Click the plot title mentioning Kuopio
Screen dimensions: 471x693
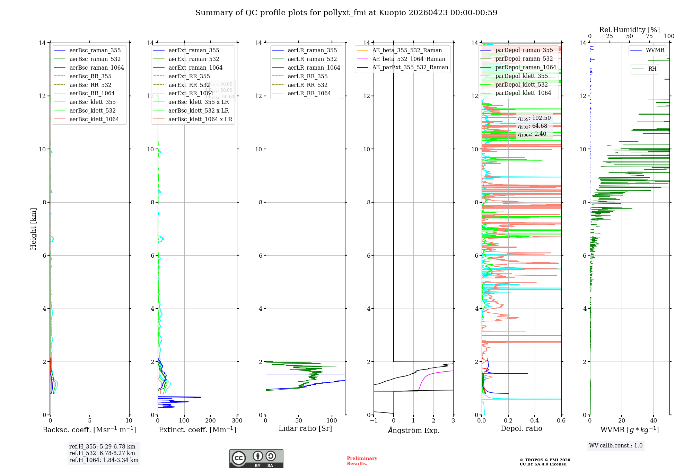pyautogui.click(x=346, y=13)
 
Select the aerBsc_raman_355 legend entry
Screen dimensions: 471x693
pyautogui.click(x=95, y=51)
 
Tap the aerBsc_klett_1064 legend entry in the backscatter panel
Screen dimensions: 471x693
pyautogui.click(x=94, y=119)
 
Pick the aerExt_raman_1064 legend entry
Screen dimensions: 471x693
pyautogui.click(x=195, y=68)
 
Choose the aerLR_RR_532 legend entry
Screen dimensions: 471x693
pyautogui.click(x=307, y=85)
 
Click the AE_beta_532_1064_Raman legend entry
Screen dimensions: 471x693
pyautogui.click(x=409, y=59)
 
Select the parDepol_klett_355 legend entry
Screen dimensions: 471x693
pyautogui.click(x=521, y=76)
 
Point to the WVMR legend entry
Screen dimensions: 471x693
pyautogui.click(x=655, y=50)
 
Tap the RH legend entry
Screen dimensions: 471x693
pyautogui.click(x=652, y=69)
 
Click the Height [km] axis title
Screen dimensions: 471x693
pyautogui.click(x=33, y=229)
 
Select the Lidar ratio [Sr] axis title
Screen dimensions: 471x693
pyautogui.click(x=305, y=429)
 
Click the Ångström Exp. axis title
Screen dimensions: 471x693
pyautogui.click(x=413, y=430)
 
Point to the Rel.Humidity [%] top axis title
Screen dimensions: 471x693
pyautogui.click(x=629, y=30)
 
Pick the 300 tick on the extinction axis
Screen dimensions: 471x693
pyautogui.click(x=237, y=421)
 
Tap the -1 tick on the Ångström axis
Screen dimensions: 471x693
pyautogui.click(x=374, y=421)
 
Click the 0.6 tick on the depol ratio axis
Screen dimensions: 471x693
pyautogui.click(x=561, y=421)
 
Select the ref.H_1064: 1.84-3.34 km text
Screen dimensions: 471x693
pyautogui.click(x=104, y=460)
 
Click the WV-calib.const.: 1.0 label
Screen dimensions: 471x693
pyautogui.click(x=616, y=446)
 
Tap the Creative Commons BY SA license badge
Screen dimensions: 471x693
pyautogui.click(x=256, y=459)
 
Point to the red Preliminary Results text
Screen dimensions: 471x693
pyautogui.click(x=362, y=461)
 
